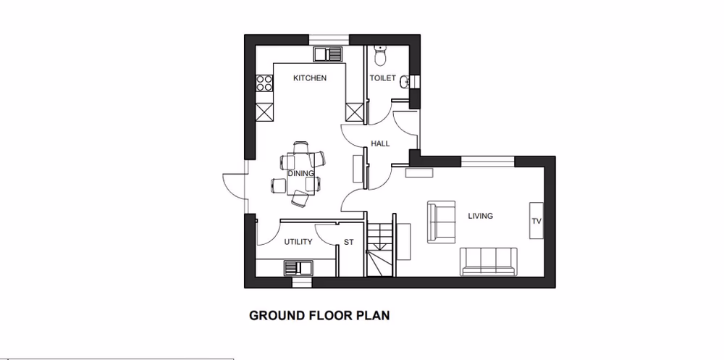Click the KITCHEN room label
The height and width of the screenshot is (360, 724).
pyautogui.click(x=309, y=78)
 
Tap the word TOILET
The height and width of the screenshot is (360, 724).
pyautogui.click(x=383, y=78)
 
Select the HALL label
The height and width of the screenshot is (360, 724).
pyautogui.click(x=380, y=143)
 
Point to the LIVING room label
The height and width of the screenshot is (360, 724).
pyautogui.click(x=480, y=216)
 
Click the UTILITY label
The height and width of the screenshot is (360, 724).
pyautogui.click(x=298, y=242)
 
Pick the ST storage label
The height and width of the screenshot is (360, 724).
pyautogui.click(x=349, y=242)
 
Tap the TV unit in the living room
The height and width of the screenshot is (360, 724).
pyautogui.click(x=536, y=221)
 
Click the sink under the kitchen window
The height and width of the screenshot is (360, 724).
pyautogui.click(x=329, y=54)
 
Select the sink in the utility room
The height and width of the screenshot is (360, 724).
pyautogui.click(x=297, y=267)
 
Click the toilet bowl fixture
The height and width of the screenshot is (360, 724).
pyautogui.click(x=381, y=54)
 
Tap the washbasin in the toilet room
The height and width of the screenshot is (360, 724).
pyautogui.click(x=405, y=82)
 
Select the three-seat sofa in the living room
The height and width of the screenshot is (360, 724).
pyautogui.click(x=489, y=261)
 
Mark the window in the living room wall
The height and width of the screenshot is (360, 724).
pyautogui.click(x=487, y=159)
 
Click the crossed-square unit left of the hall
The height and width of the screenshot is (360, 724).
pyautogui.click(x=355, y=112)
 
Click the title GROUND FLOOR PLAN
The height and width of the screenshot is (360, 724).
pyautogui.click(x=319, y=316)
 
